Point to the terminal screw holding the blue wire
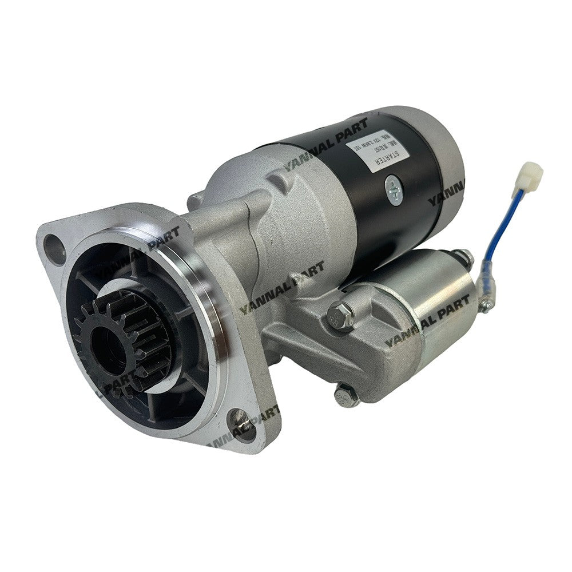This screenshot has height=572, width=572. [486, 304]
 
